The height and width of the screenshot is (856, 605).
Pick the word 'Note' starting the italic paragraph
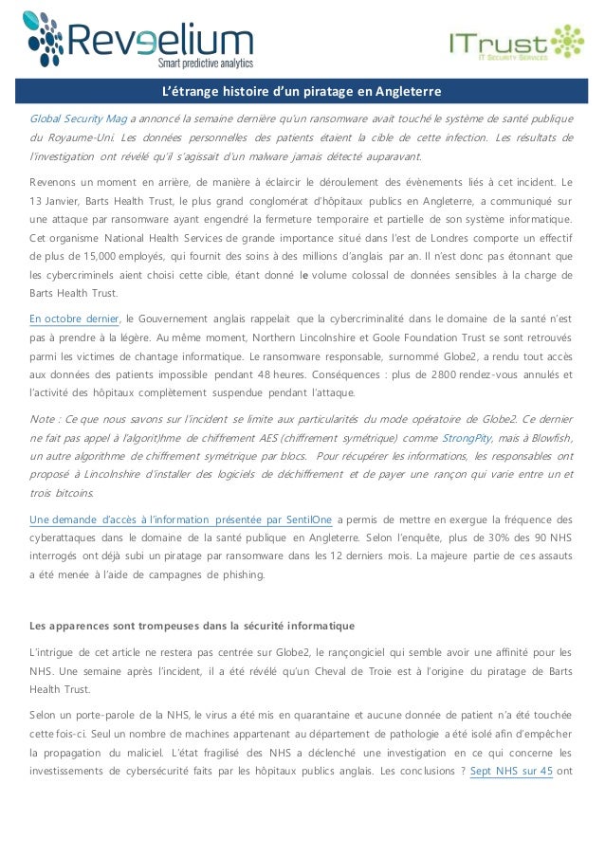click(x=43, y=419)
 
